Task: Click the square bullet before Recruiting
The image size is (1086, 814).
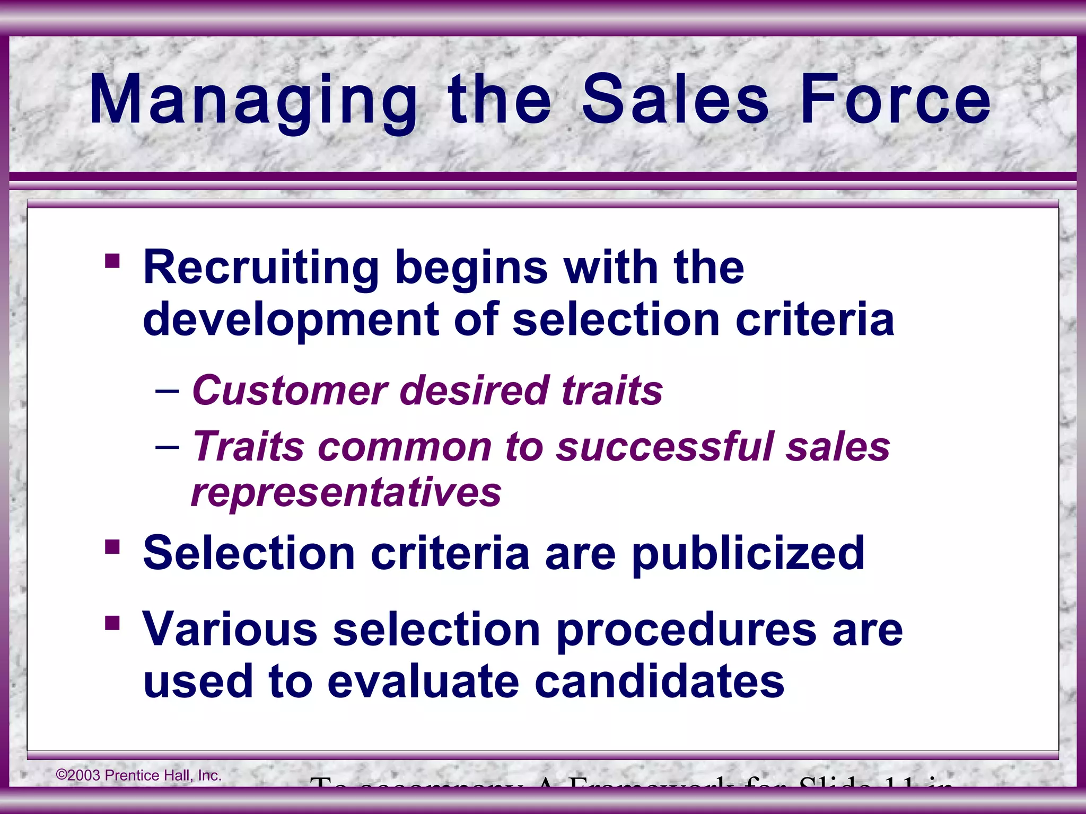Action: [x=112, y=261]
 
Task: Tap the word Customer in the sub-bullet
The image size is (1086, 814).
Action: [x=290, y=391]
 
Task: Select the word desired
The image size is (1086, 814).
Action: [x=474, y=391]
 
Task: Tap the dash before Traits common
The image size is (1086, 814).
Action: [x=167, y=447]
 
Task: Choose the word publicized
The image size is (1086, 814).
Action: [x=748, y=554]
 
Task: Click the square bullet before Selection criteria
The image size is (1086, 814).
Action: [x=112, y=546]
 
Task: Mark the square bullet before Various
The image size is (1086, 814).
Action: [x=112, y=623]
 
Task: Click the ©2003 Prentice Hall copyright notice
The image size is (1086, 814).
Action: [x=139, y=775]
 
